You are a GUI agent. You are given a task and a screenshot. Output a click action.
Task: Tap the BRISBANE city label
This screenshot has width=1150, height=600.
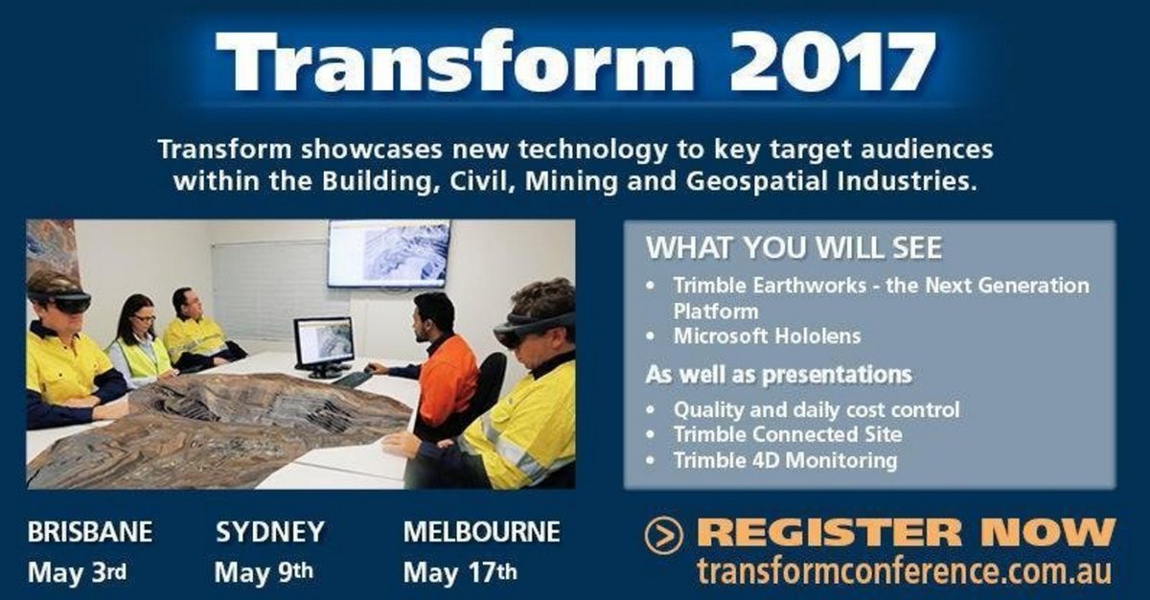coord(90,531)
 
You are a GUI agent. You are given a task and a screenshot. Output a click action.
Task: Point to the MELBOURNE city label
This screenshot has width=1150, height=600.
coord(481,531)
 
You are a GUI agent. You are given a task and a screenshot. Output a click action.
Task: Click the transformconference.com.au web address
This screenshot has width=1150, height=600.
coord(905,570)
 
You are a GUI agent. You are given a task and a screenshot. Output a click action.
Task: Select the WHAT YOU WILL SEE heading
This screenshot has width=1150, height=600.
coord(793,247)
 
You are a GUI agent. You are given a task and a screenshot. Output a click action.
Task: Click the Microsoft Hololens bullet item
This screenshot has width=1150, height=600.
coord(767,335)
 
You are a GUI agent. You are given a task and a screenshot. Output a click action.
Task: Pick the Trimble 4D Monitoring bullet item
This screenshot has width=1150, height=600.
coord(785,460)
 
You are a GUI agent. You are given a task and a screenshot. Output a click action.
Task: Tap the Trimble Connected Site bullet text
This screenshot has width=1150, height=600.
coord(788,434)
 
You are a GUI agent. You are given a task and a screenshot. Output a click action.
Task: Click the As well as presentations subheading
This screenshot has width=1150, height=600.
coord(778,374)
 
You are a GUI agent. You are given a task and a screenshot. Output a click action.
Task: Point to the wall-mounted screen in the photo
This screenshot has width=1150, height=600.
coord(388,254)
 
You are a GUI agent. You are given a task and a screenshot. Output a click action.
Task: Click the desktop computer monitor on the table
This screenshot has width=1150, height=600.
coord(323,343)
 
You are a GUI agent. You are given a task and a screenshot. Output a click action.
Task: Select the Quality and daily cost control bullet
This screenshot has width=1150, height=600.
coord(816,409)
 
